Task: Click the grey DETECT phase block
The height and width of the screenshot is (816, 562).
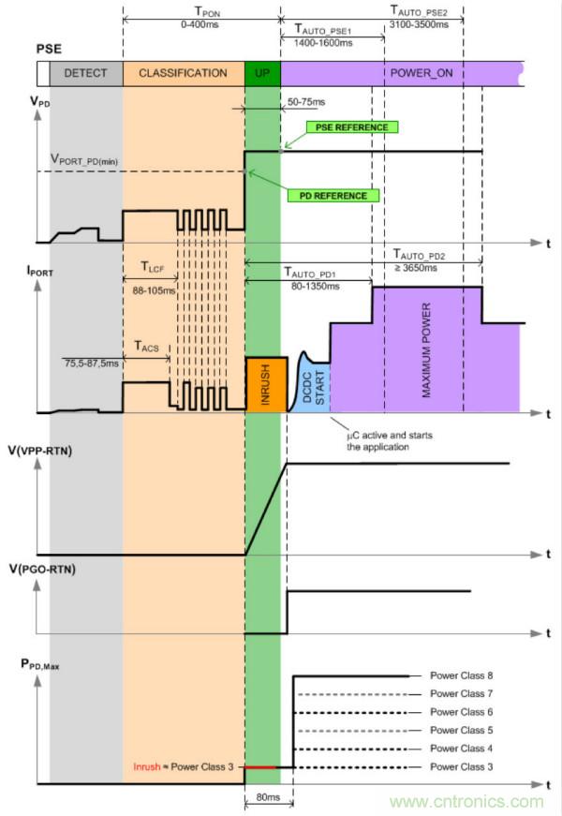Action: coord(85,73)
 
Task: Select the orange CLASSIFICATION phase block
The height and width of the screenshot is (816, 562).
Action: coord(183,73)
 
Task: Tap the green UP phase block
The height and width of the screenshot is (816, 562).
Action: coord(262,73)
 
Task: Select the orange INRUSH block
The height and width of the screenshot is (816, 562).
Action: coord(262,385)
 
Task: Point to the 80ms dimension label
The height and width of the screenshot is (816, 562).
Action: coord(268,799)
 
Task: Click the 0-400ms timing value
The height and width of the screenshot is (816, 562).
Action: coord(201,23)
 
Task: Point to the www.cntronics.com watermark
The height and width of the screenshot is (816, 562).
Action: coord(468,802)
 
